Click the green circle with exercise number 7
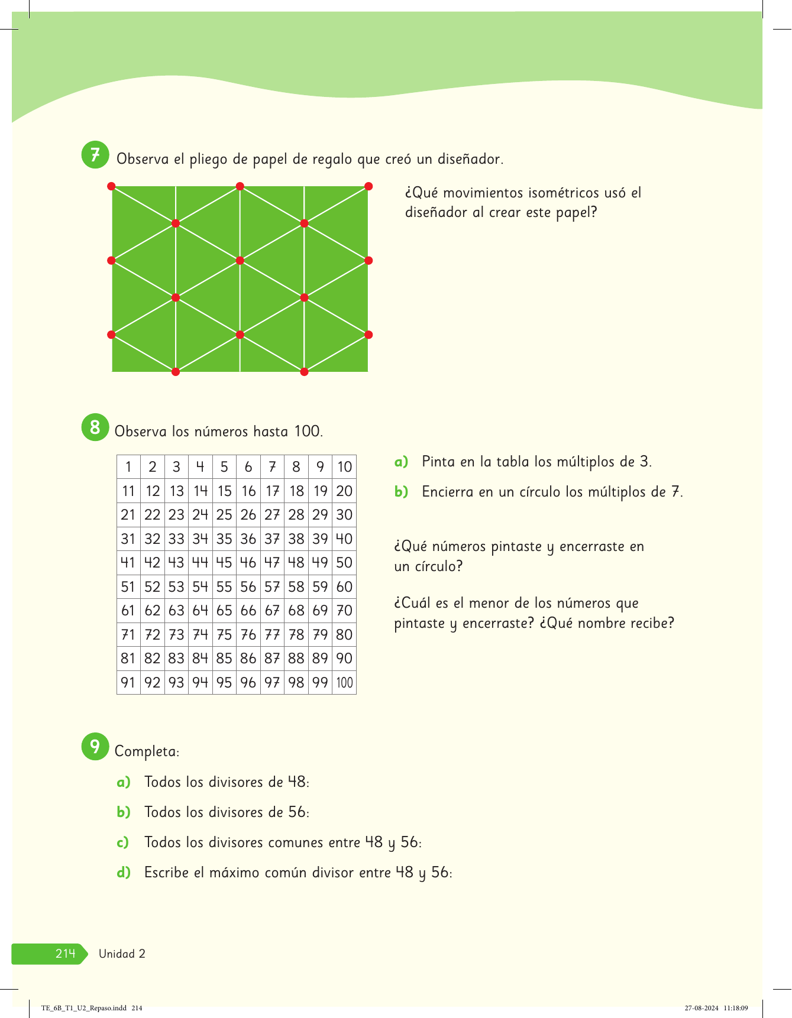click(x=95, y=155)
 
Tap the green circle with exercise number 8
click(x=95, y=427)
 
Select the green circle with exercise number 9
click(x=95, y=747)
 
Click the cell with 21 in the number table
click(x=128, y=515)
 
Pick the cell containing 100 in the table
click(x=344, y=683)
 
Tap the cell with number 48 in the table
click(x=296, y=563)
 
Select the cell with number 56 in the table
click(x=248, y=587)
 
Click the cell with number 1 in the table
click(x=128, y=467)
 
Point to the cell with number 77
click(x=272, y=635)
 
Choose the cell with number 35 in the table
click(x=224, y=539)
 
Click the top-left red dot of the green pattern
click(x=111, y=186)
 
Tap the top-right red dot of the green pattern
click(x=368, y=186)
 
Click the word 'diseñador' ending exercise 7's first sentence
click(x=470, y=159)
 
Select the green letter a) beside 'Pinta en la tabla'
click(x=402, y=462)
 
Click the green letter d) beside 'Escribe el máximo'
click(x=124, y=873)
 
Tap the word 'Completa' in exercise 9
click(x=146, y=751)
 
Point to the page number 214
click(x=65, y=954)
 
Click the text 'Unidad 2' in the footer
click(x=122, y=954)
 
